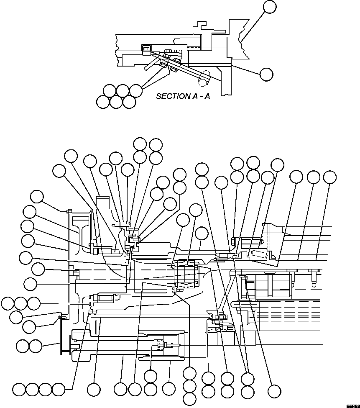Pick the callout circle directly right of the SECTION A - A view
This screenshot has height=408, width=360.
(x=266, y=74)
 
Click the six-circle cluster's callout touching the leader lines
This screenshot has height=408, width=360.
(x=135, y=90)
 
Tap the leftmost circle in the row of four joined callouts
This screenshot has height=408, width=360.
(x=19, y=390)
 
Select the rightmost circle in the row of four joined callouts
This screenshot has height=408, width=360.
(x=59, y=390)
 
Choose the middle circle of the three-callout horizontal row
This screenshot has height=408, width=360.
(x=20, y=303)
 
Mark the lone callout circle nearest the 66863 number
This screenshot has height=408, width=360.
(x=274, y=391)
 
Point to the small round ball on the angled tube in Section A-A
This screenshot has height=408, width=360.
(x=204, y=78)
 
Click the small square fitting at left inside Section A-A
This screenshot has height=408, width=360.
(x=146, y=49)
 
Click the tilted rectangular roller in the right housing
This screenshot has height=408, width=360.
(x=259, y=254)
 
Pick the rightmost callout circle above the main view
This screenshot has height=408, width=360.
(x=330, y=177)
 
